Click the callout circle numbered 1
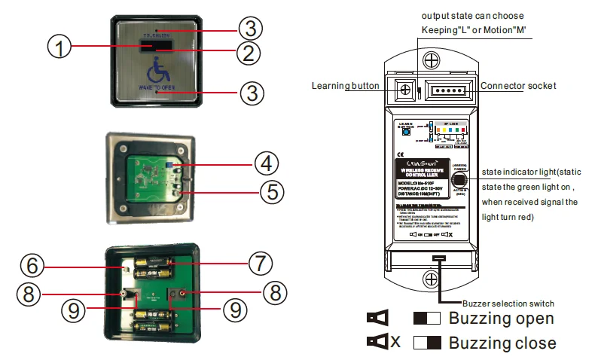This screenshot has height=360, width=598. [x=60, y=47]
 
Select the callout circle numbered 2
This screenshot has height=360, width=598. [x=251, y=53]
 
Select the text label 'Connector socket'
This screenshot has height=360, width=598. [x=518, y=86]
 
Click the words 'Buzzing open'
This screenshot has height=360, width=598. [x=502, y=319]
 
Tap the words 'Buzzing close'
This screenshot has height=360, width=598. [x=502, y=343]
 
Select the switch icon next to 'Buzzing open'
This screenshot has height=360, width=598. [x=427, y=319]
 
